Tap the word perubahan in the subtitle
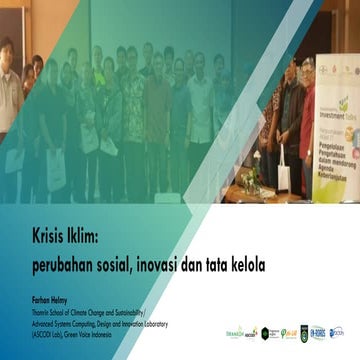[63, 255]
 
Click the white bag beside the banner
[284, 178]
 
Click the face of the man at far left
[8, 50]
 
